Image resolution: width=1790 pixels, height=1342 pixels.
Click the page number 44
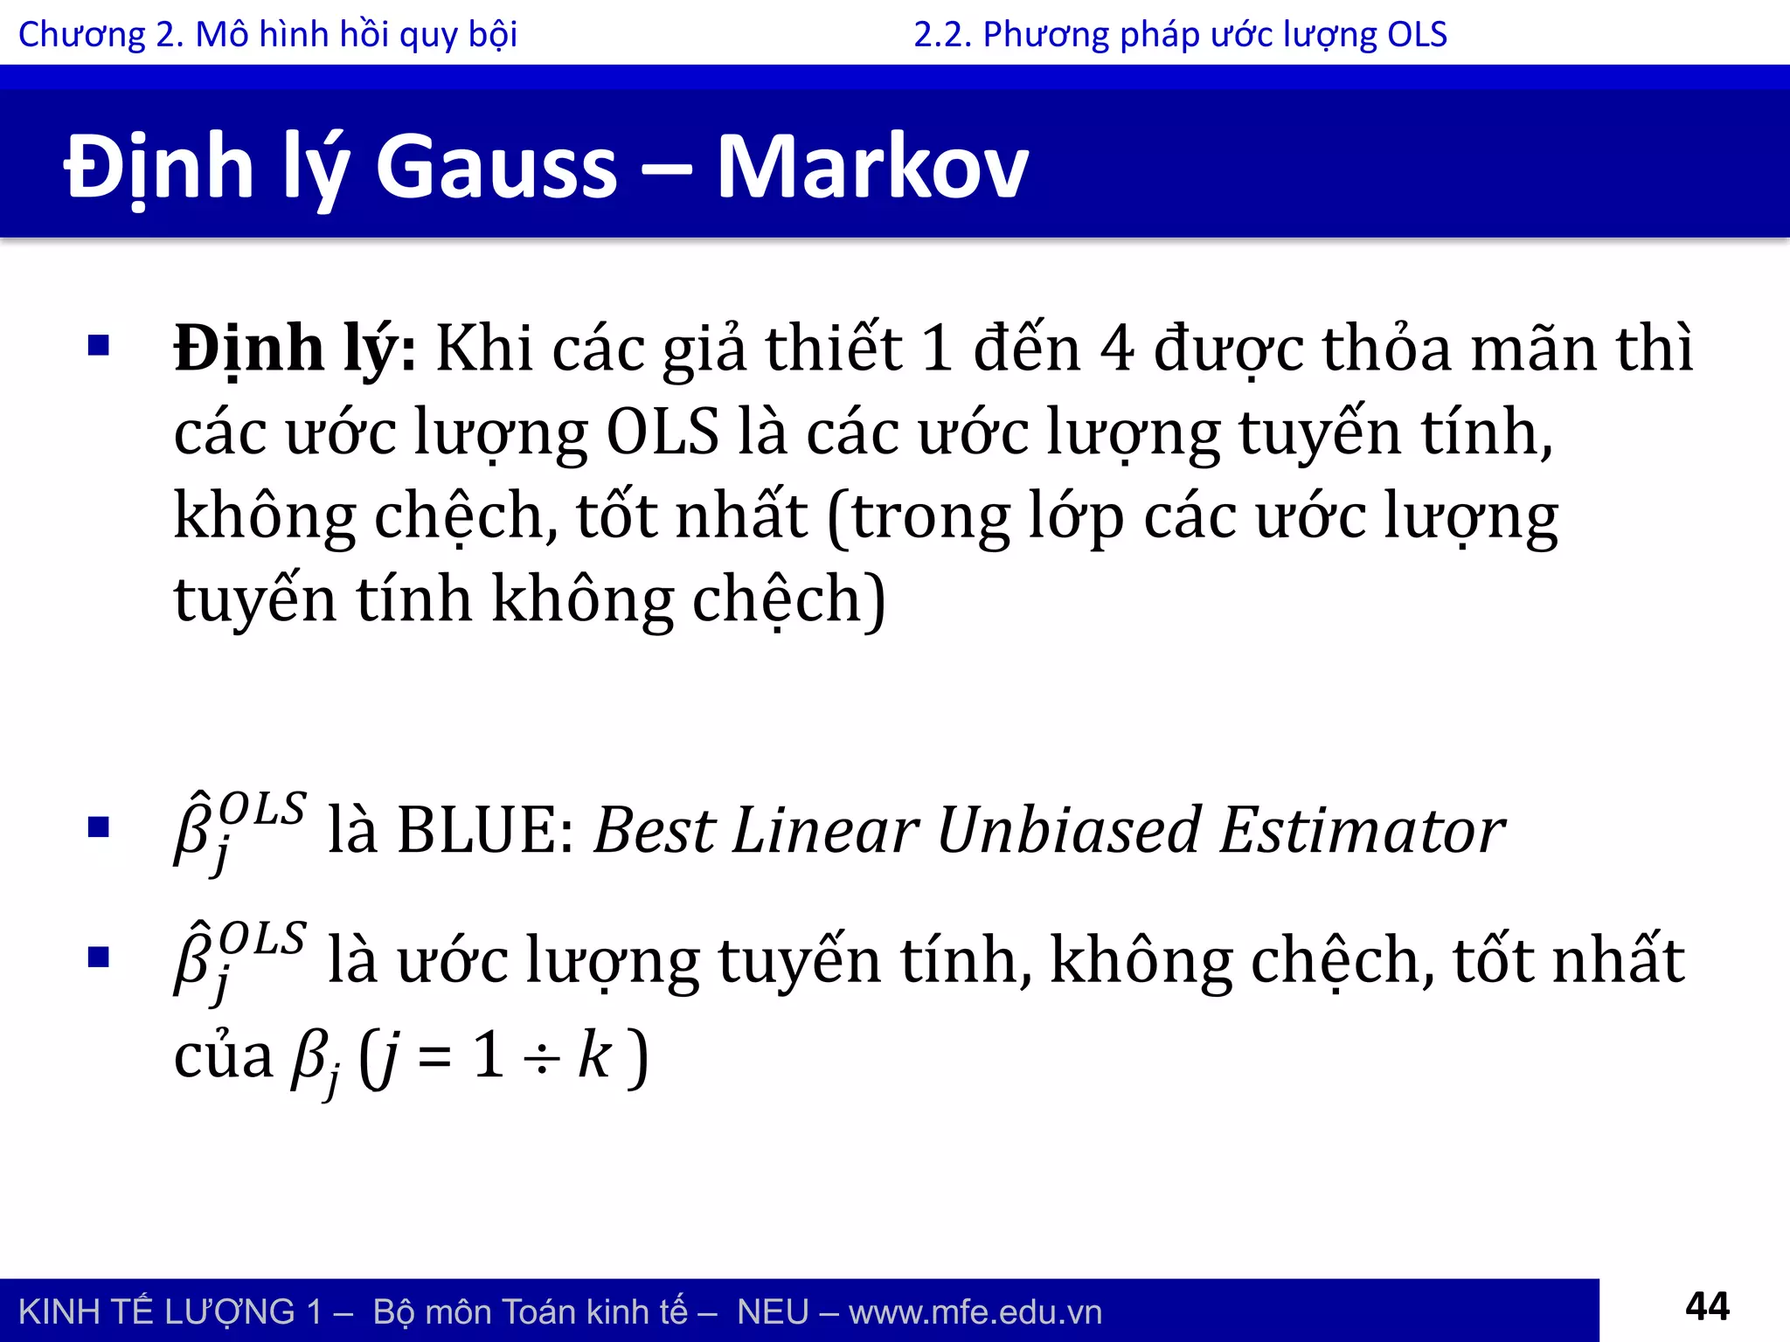pyautogui.click(x=1706, y=1307)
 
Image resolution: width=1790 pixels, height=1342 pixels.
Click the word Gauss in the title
pyautogui.click(x=496, y=168)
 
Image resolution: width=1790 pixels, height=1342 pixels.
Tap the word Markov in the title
pyautogui.click(x=871, y=168)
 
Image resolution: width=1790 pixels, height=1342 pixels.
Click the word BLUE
pyautogui.click(x=485, y=830)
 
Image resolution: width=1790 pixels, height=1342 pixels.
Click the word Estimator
pyautogui.click(x=1362, y=830)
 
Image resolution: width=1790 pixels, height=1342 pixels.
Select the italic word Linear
pyautogui.click(x=825, y=830)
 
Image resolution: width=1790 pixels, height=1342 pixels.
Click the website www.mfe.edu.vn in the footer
pyautogui.click(x=975, y=1312)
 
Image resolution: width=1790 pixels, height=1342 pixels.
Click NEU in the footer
pyautogui.click(x=773, y=1312)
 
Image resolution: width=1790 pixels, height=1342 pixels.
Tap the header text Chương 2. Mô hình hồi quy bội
pyautogui.click(x=267, y=35)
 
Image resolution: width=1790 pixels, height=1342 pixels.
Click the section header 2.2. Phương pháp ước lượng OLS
pyautogui.click(x=1180, y=35)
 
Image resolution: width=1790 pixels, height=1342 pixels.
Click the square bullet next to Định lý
pyautogui.click(x=99, y=346)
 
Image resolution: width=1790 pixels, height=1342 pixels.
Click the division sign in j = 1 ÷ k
pyautogui.click(x=541, y=1059)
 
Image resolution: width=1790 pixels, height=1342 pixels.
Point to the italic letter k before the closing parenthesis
pyautogui.click(x=594, y=1055)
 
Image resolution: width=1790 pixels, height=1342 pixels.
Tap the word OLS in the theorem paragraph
pyautogui.click(x=663, y=432)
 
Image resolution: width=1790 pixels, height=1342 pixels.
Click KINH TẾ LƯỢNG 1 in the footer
pyautogui.click(x=170, y=1312)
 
